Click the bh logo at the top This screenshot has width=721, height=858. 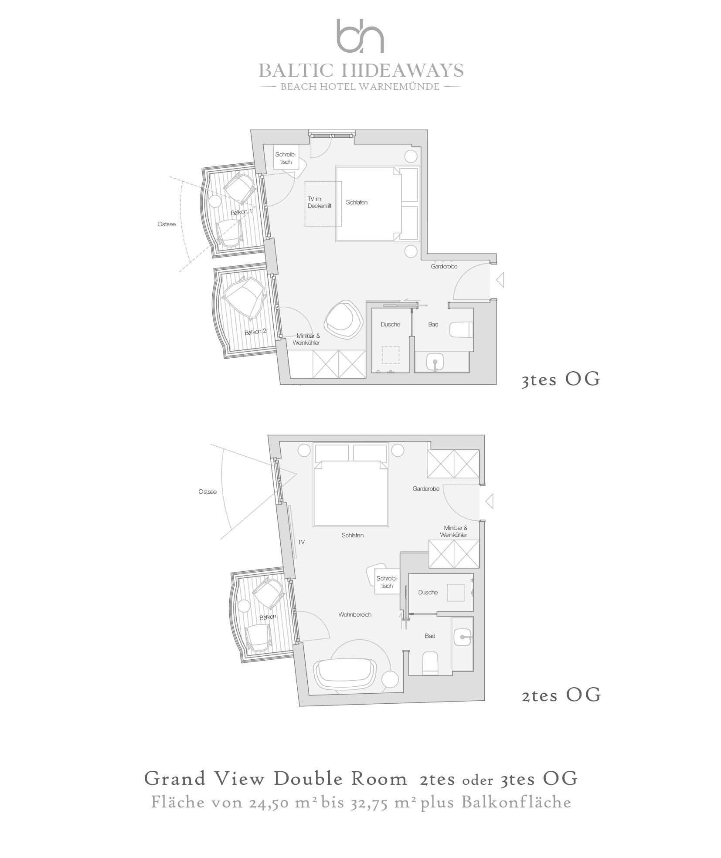pyautogui.click(x=360, y=36)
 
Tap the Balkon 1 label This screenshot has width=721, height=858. pyautogui.click(x=241, y=212)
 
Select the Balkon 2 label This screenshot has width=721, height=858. pyautogui.click(x=255, y=332)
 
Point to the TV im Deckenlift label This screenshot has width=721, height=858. pyautogui.click(x=320, y=203)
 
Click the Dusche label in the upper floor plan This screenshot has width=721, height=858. pyautogui.click(x=390, y=325)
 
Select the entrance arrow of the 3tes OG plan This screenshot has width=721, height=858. pyautogui.click(x=500, y=280)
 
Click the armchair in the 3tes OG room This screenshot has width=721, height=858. pyautogui.click(x=344, y=319)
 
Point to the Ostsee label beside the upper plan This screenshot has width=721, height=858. pyautogui.click(x=167, y=224)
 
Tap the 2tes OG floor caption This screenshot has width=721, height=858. pyautogui.click(x=561, y=695)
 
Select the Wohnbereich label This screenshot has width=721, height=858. pyautogui.click(x=355, y=615)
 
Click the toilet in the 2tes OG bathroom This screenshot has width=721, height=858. pyautogui.click(x=430, y=663)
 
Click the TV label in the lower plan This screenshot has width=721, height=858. pyautogui.click(x=301, y=543)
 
